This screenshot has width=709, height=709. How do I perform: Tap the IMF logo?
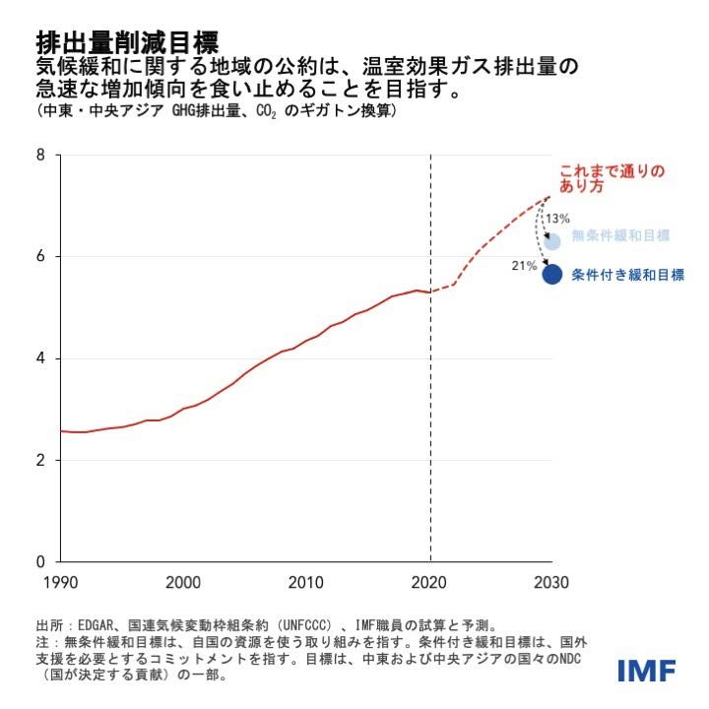(x=646, y=672)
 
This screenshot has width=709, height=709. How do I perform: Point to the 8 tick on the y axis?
(x=40, y=155)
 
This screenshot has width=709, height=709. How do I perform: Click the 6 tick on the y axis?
(x=40, y=256)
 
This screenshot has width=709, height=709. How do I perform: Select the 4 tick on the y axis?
(x=40, y=358)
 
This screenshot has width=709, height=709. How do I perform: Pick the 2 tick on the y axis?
(x=40, y=460)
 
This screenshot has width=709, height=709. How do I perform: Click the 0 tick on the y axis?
(x=40, y=562)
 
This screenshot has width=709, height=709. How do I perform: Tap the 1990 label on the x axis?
(x=61, y=583)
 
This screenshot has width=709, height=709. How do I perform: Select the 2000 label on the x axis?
(x=184, y=583)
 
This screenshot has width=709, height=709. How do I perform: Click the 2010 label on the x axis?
(x=307, y=583)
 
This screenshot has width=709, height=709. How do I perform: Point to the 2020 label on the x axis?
(x=430, y=583)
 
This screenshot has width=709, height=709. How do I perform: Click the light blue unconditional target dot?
(x=552, y=240)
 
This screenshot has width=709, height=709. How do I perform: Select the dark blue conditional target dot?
(x=552, y=275)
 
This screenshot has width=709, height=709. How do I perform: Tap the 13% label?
(x=557, y=219)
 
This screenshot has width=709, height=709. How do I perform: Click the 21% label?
(x=523, y=266)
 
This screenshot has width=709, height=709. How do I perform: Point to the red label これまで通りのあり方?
(x=612, y=176)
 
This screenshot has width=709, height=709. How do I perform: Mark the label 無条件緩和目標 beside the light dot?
(x=620, y=235)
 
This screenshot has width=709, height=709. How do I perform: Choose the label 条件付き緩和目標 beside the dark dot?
(x=627, y=276)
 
